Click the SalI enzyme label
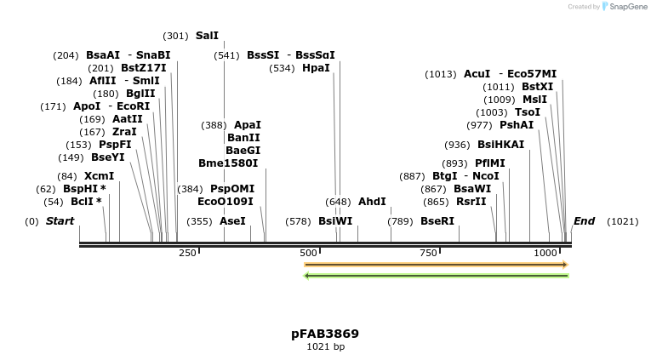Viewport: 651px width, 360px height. [207, 36]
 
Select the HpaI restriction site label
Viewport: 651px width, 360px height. [316, 68]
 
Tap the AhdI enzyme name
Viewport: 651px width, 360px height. [372, 202]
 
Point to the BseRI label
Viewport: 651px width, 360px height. [437, 220]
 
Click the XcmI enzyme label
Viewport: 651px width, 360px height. [99, 176]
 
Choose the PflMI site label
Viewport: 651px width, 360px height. [489, 163]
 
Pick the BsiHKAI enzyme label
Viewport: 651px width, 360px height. [500, 145]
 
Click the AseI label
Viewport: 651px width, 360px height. [232, 220]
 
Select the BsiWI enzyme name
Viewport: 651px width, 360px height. [335, 220]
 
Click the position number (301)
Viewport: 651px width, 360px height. [175, 36]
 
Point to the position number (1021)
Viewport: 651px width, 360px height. [622, 221]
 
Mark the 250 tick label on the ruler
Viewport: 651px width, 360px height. [187, 253]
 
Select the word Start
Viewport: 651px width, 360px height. [60, 221]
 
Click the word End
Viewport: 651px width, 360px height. [584, 221]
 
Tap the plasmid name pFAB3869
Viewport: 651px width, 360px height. [325, 334]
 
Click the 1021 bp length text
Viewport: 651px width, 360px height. [325, 346]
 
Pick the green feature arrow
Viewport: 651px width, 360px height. [436, 275]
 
